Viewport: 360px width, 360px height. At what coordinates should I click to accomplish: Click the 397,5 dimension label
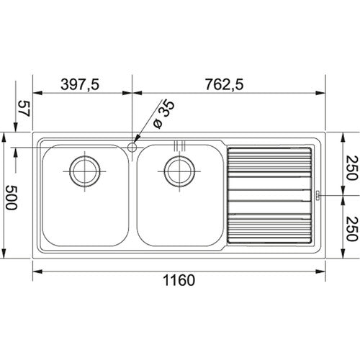pyautogui.click(x=80, y=84)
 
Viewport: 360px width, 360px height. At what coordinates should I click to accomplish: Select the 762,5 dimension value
pyautogui.click(x=224, y=84)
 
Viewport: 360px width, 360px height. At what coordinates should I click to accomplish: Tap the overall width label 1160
pyautogui.click(x=179, y=280)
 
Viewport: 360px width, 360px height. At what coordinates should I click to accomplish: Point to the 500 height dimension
pyautogui.click(x=12, y=197)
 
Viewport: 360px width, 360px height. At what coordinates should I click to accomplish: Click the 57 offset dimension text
pyautogui.click(x=24, y=109)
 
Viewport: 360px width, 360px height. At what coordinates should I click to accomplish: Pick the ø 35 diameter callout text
pyautogui.click(x=164, y=114)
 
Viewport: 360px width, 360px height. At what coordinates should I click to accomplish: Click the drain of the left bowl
pyautogui.click(x=85, y=171)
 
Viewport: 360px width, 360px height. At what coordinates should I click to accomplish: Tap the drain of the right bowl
pyautogui.click(x=179, y=171)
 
